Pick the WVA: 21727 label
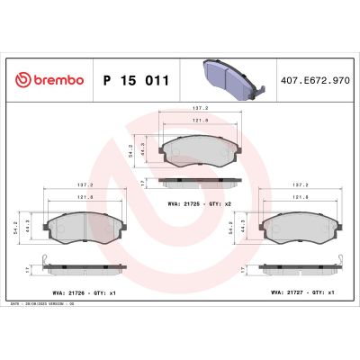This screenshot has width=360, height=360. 289,292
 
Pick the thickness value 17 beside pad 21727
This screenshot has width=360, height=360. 247,267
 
